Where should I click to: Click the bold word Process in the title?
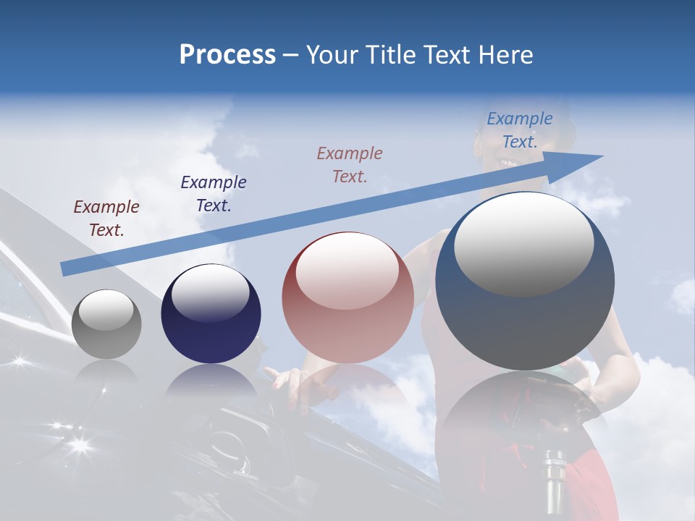tap(227, 55)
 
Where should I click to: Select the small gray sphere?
tap(106, 324)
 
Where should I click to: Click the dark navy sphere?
tap(211, 314)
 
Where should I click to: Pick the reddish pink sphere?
tap(347, 298)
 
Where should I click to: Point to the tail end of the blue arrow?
tap(64, 269)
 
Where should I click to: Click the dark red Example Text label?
tap(106, 218)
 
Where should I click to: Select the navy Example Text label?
tap(213, 193)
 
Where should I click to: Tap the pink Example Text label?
tap(350, 164)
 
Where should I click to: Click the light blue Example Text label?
tap(519, 130)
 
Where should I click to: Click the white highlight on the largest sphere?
tap(523, 243)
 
